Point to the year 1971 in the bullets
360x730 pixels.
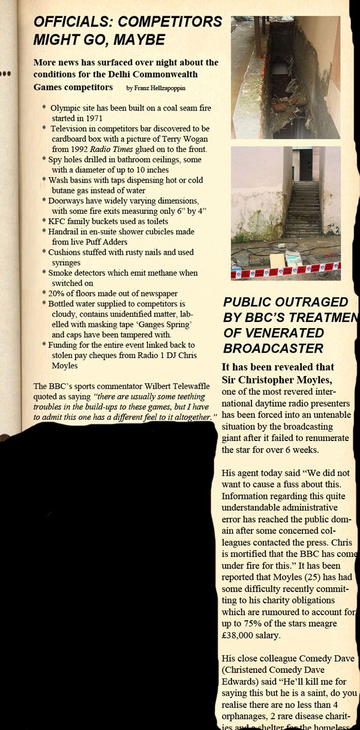click(x=92, y=118)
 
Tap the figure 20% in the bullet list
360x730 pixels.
click(x=56, y=293)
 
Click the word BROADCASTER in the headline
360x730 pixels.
click(x=274, y=348)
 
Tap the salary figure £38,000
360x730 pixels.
click(x=243, y=636)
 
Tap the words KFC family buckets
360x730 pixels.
click(x=83, y=221)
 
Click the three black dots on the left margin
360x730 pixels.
click(x=6, y=74)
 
